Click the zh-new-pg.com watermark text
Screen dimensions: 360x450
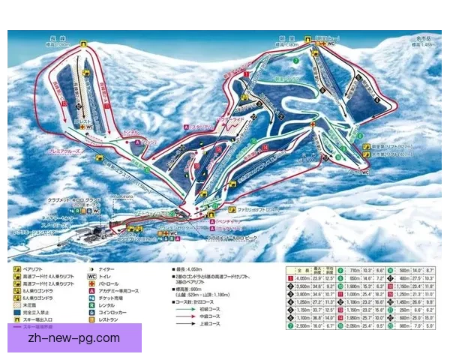point(72,338)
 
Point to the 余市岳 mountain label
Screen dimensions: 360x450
point(427,39)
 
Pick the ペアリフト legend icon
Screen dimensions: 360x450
point(16,265)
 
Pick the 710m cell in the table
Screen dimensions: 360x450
point(356,269)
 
